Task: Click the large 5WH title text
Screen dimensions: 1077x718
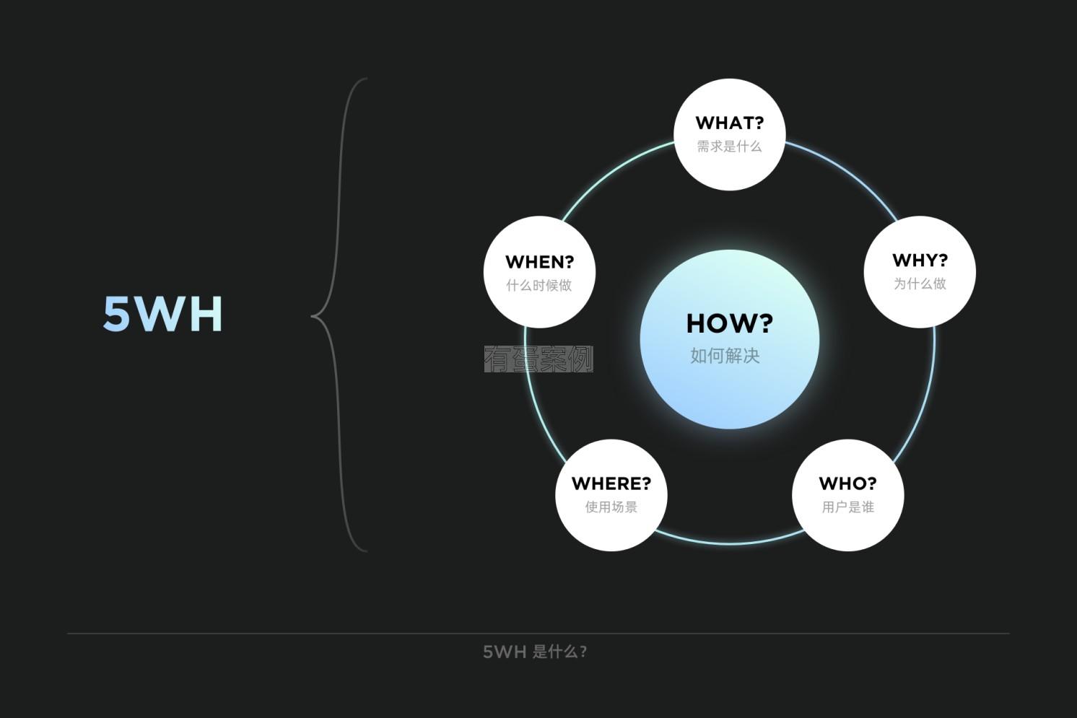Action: tap(162, 314)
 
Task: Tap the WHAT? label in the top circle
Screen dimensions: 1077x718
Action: tap(729, 123)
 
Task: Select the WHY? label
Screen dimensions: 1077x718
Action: tap(920, 260)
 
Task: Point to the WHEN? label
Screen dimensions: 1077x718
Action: tap(539, 262)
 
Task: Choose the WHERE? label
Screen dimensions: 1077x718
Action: tap(611, 483)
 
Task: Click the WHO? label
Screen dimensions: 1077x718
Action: tap(847, 483)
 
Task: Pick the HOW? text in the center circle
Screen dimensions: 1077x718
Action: tap(729, 323)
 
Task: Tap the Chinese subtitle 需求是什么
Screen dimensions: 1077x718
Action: tap(729, 146)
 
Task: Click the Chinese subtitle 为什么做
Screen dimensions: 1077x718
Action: tap(920, 284)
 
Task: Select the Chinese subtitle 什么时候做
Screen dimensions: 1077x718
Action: tap(539, 286)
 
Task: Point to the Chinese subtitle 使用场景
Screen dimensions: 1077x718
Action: tap(611, 507)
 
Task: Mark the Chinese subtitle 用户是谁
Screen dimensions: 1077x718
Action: tap(847, 507)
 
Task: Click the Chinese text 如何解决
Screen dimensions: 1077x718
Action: tap(725, 356)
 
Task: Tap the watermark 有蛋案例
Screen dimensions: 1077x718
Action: tap(538, 359)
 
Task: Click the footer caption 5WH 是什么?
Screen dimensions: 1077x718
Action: tap(535, 652)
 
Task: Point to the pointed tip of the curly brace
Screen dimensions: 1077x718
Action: tap(312, 316)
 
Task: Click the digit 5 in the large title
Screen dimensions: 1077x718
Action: tap(116, 314)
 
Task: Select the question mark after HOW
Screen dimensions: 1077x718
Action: tap(764, 323)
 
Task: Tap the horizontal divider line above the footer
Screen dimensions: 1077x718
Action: tap(538, 634)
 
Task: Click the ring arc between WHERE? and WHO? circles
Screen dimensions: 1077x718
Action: tap(729, 543)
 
